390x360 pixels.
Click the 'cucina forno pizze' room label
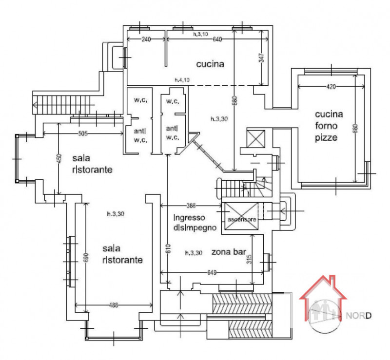point(329,126)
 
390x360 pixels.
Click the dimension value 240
point(145,39)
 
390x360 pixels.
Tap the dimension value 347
point(261,58)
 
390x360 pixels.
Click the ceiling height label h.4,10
point(182,79)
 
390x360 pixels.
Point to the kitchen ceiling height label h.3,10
point(200,34)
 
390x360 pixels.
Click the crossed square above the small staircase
point(255,138)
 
